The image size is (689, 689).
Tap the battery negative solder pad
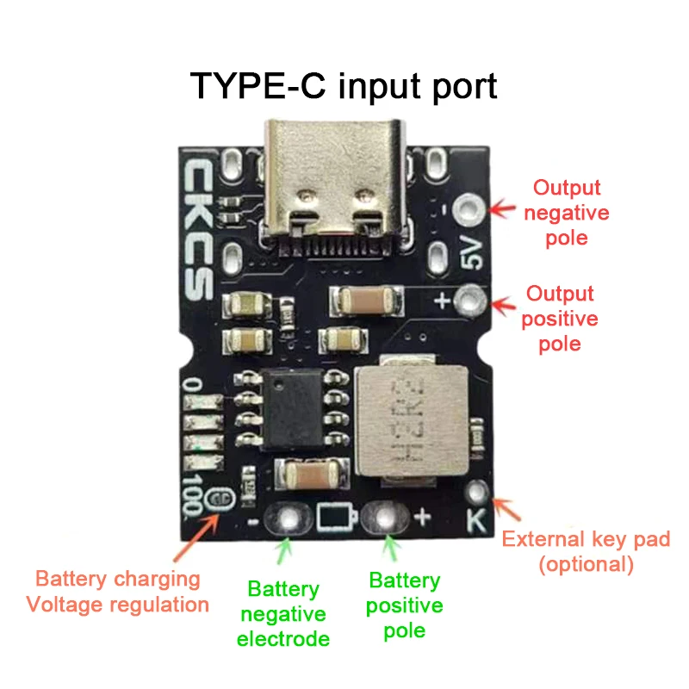pos(286,518)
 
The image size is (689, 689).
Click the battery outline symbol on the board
pos(335,518)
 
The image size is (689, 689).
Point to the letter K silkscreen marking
pos(476,520)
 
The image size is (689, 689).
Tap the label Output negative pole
pos(566,212)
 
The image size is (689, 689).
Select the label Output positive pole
pos(560,319)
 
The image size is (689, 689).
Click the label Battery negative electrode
pos(283,614)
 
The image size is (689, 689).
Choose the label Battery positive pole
pos(404,605)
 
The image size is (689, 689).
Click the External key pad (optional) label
pos(586,552)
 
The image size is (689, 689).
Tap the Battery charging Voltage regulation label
pos(118,592)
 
